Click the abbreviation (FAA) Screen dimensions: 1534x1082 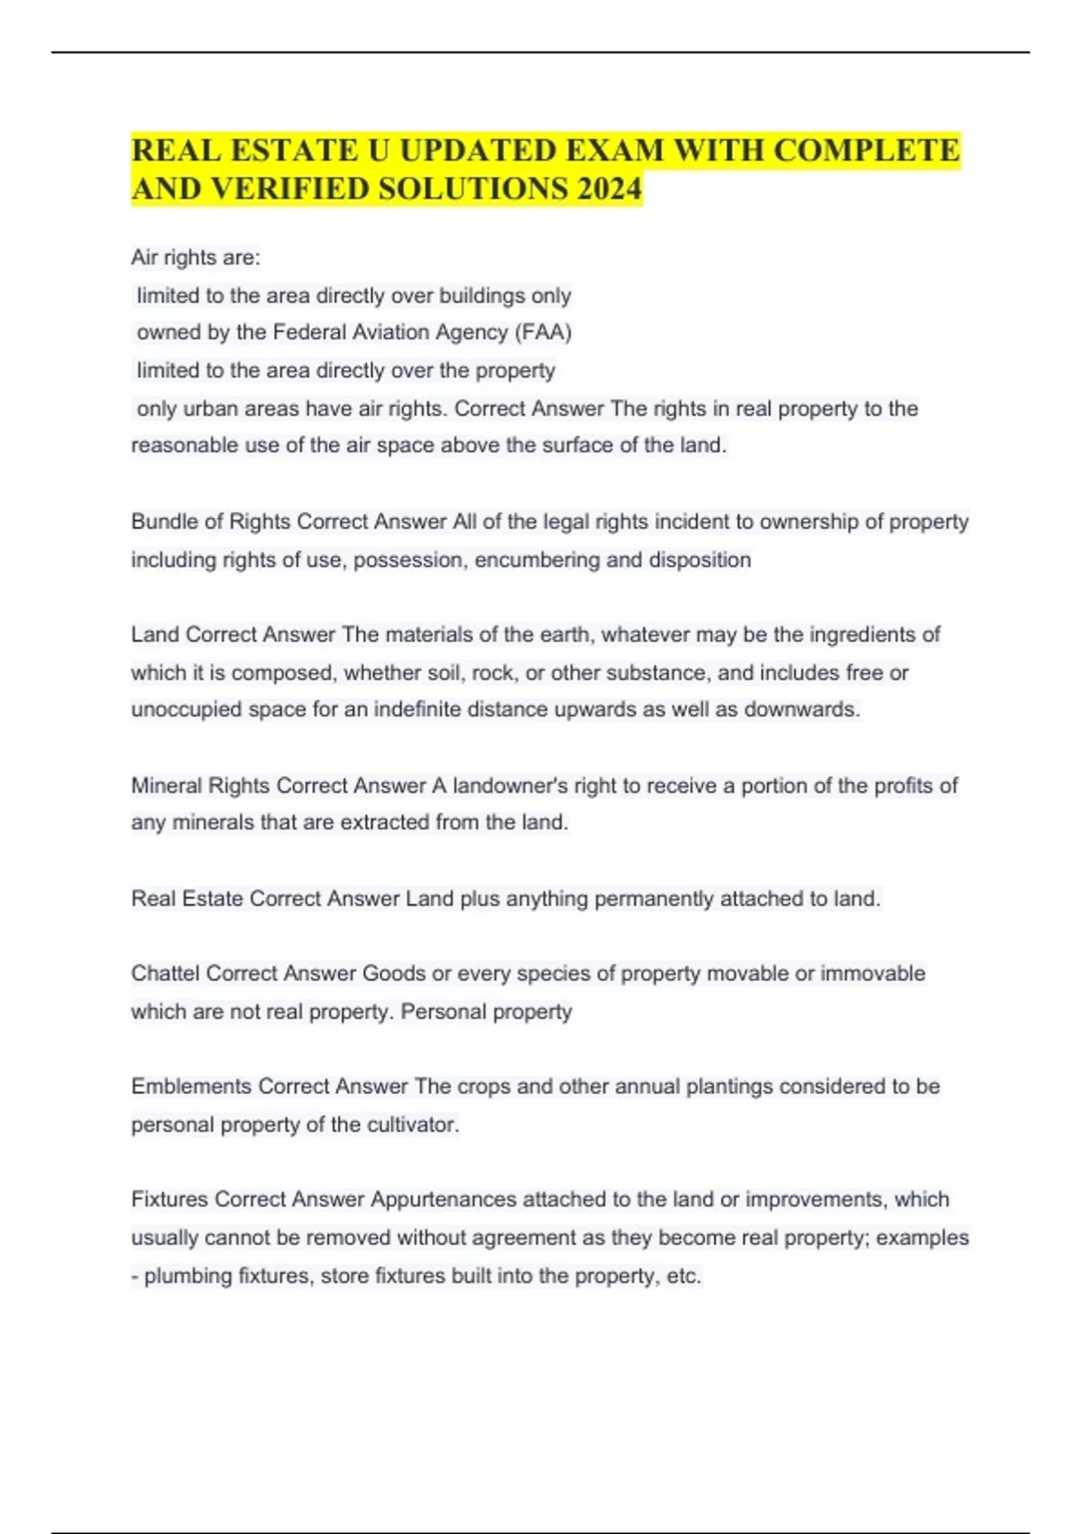pyautogui.click(x=543, y=332)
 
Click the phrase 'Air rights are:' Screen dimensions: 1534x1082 pyautogui.click(x=196, y=257)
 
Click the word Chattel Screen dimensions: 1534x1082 pyautogui.click(x=165, y=973)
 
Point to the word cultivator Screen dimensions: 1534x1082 pyautogui.click(x=412, y=1124)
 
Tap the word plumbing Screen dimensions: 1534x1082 pyautogui.click(x=188, y=1276)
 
